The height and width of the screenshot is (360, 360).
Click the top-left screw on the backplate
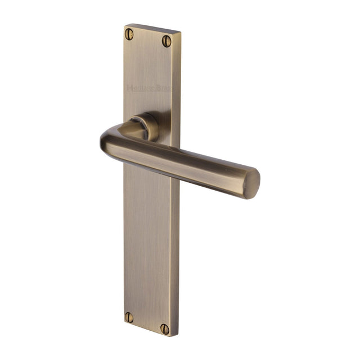point(129,35)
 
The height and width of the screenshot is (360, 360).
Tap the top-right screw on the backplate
point(166,40)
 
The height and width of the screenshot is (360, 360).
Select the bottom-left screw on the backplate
point(129,316)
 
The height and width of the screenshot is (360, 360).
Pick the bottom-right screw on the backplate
point(165,328)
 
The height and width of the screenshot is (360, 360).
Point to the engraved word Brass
point(164,88)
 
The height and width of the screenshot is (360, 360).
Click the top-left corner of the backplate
point(124,25)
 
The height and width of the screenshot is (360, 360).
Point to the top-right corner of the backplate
point(180,32)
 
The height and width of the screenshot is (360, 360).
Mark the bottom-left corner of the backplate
point(124,323)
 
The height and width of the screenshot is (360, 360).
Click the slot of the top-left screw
point(129,35)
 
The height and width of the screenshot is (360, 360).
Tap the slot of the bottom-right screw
point(165,328)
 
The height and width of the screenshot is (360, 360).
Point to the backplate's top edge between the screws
point(149,28)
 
